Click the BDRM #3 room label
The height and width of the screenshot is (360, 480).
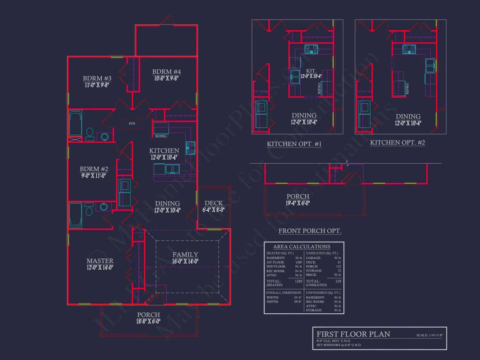[97, 79]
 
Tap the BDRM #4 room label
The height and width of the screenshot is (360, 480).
[166, 72]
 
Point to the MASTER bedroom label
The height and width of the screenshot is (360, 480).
[100, 261]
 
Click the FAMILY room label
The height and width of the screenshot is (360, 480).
[185, 254]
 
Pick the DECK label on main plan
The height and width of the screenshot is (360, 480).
[213, 203]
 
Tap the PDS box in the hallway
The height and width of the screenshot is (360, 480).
[132, 123]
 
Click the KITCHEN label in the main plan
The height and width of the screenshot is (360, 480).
[164, 151]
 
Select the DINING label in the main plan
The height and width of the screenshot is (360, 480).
[167, 203]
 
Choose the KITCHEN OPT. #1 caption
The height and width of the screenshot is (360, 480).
[294, 144]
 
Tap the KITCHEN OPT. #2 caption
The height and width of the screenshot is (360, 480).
[397, 143]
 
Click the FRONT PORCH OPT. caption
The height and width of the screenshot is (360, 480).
[310, 231]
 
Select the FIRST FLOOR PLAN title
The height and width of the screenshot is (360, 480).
[353, 334]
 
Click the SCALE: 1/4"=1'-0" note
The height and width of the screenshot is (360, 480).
[429, 335]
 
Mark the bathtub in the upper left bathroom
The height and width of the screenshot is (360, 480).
[75, 124]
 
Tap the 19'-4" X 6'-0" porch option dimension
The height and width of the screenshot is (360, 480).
[298, 203]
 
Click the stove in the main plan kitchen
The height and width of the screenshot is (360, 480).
[190, 148]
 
